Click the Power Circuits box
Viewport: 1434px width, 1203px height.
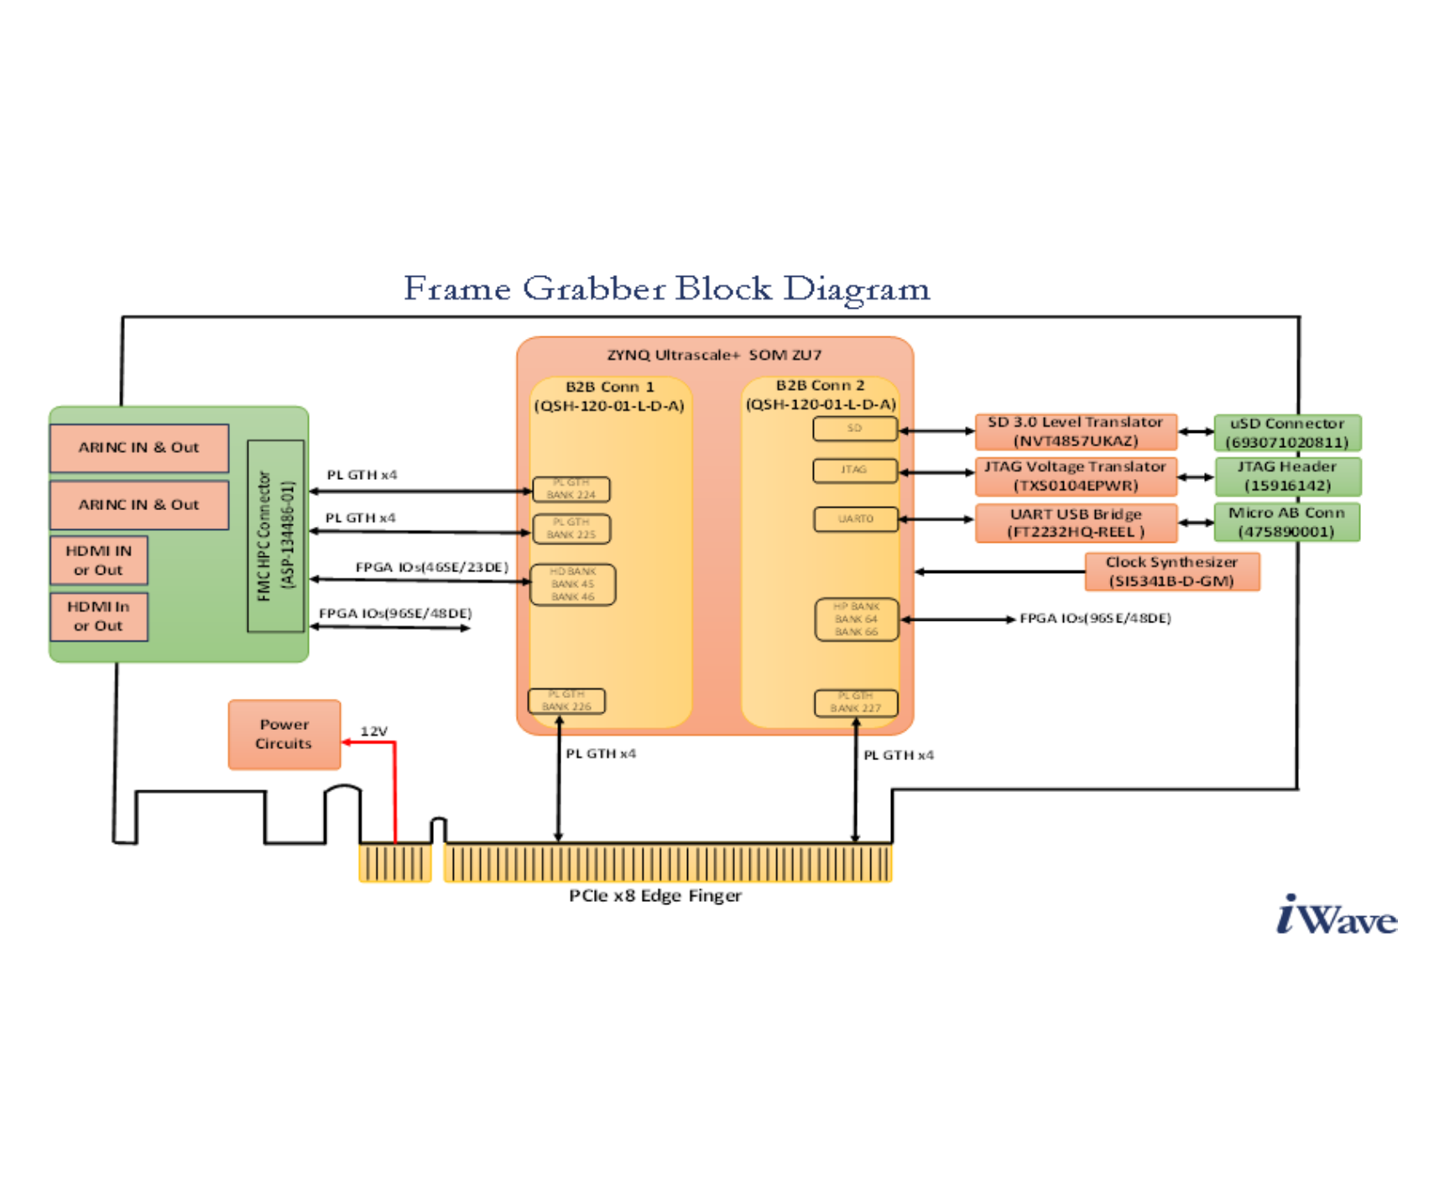point(284,734)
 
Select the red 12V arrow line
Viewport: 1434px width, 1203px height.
point(394,789)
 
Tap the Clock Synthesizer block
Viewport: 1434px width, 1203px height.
point(1171,571)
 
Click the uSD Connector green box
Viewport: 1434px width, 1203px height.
point(1287,433)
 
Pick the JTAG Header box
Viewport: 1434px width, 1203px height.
point(1287,477)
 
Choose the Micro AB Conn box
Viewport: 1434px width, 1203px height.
point(1286,522)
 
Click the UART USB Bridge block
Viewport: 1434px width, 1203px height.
point(1076,523)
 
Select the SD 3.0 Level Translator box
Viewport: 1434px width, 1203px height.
point(1076,432)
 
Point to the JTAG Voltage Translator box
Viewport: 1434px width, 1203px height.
point(1076,477)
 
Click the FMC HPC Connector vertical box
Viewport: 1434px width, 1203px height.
point(275,535)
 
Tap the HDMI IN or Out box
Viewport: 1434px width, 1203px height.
point(99,560)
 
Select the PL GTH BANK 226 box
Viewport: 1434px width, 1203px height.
point(566,700)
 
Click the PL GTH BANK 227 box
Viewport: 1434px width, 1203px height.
point(856,702)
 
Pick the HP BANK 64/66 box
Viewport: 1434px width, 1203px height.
point(857,619)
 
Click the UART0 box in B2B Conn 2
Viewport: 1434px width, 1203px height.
point(856,519)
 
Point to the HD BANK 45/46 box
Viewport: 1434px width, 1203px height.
point(573,584)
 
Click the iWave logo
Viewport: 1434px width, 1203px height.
point(1336,915)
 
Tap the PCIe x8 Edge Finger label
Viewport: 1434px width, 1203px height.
point(655,896)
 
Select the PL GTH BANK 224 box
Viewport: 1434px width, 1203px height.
point(571,489)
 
